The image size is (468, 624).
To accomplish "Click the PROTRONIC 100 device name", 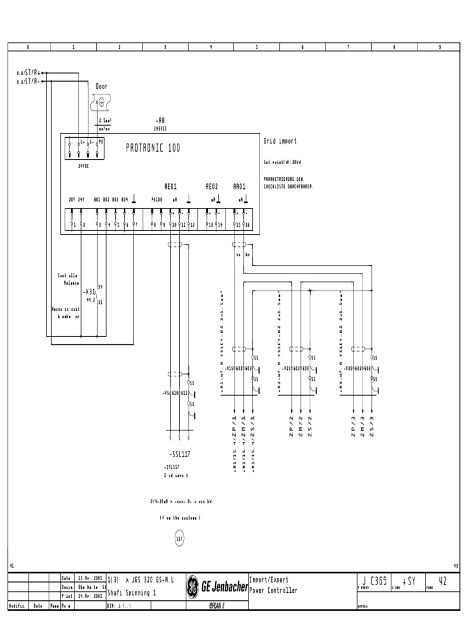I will coord(153,148).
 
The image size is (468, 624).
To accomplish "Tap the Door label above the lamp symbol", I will coord(102,87).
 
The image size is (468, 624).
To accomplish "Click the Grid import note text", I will coord(280,141).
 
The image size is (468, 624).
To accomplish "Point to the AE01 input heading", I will coord(170,186).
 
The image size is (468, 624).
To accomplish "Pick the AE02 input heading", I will coord(211,186).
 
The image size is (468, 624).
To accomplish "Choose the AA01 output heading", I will coord(239,186).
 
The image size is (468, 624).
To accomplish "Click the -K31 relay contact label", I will coord(88,292).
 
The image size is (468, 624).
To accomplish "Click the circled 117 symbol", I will coord(179,539).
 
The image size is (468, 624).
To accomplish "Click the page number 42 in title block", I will coord(442,582).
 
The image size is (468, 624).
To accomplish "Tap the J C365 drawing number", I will coord(374,582).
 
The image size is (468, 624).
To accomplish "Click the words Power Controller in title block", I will coord(274,591).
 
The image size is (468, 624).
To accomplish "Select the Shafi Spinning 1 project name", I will coord(132,593).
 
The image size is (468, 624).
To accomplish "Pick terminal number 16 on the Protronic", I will coord(247,225).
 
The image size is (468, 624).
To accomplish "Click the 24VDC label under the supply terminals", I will coord(83,165).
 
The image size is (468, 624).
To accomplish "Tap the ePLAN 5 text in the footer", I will coord(215,606).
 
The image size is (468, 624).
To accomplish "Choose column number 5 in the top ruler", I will coord(257,47).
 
